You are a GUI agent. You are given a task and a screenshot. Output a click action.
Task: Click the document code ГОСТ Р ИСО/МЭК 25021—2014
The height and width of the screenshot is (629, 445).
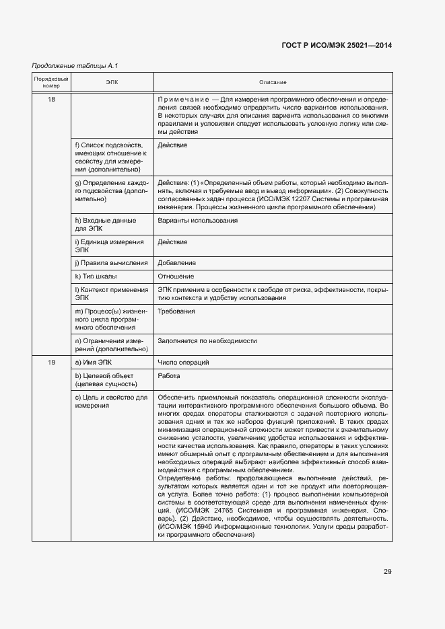[x=336, y=46]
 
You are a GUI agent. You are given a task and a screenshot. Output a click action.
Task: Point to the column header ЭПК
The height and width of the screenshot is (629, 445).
[x=111, y=82]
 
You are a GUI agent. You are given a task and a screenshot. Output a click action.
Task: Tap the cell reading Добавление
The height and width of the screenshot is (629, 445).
[x=177, y=262]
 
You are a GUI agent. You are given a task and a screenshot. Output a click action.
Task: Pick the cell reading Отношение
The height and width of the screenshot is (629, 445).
[x=176, y=276]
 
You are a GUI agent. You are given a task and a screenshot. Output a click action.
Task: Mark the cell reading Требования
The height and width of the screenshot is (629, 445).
[x=176, y=311]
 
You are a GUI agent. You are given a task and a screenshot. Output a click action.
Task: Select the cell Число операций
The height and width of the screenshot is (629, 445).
[x=183, y=363]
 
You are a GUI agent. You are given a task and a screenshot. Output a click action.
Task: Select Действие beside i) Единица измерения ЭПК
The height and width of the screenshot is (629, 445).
[x=172, y=242]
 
